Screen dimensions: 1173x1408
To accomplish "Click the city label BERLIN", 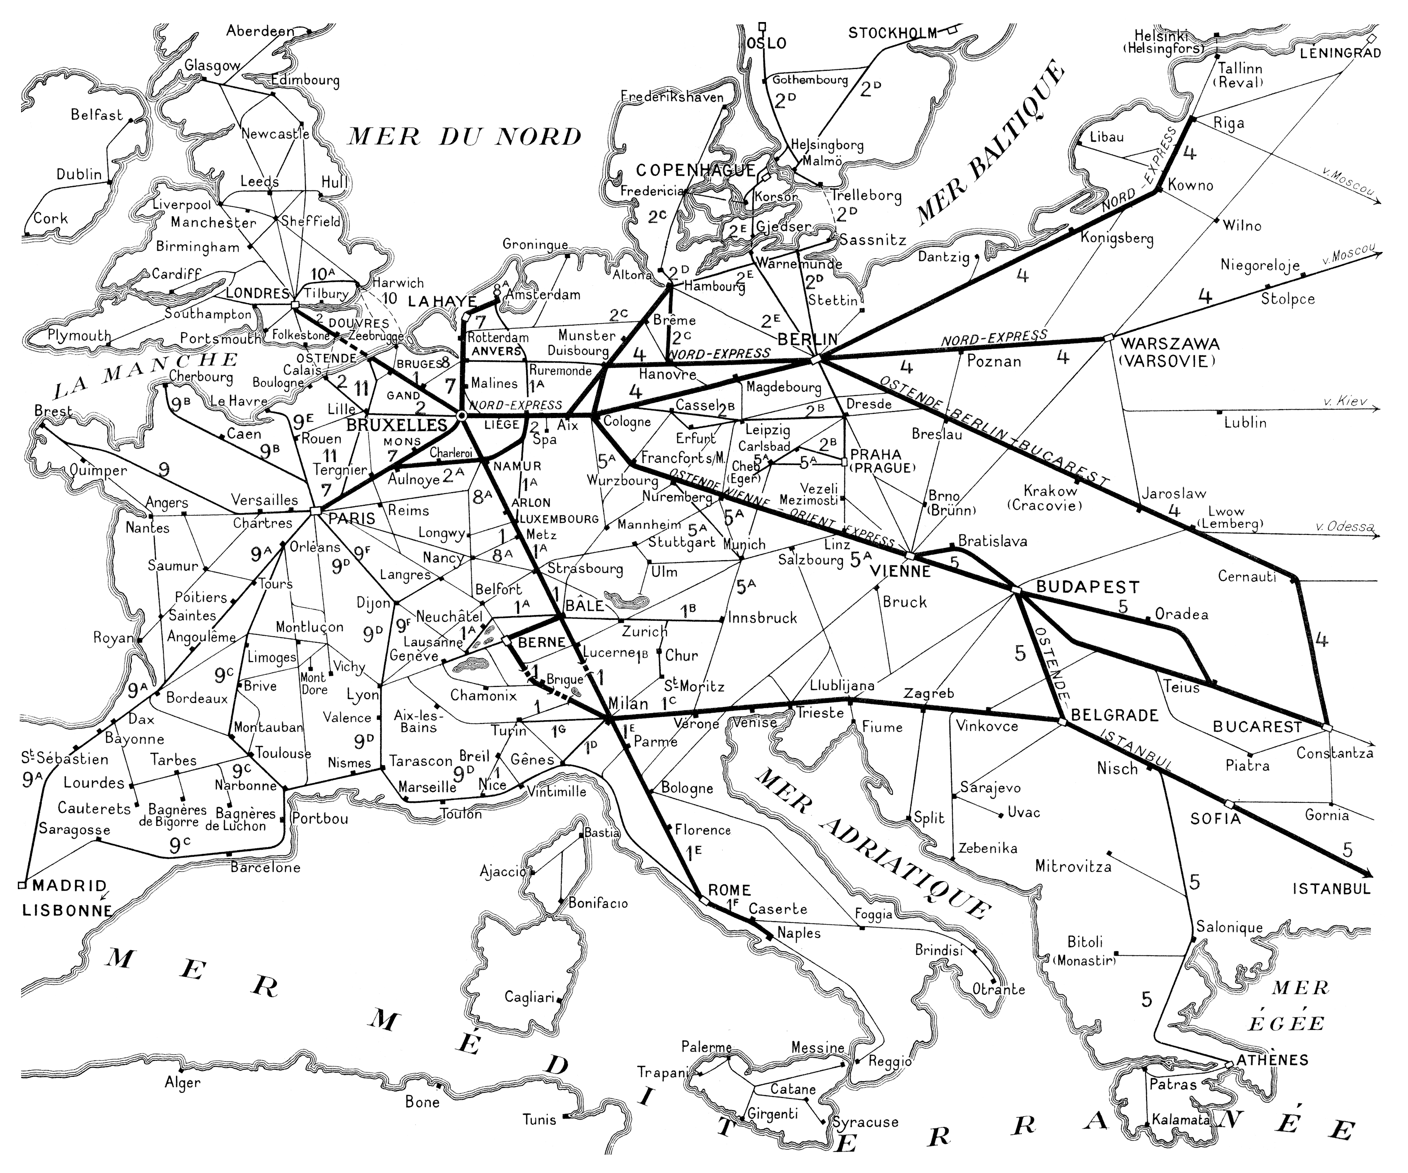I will (807, 339).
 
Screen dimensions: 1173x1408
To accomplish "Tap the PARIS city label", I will (352, 518).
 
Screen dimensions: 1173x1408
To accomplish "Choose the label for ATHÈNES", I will (1272, 1060).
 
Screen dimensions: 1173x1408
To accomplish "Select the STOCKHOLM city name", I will (892, 33).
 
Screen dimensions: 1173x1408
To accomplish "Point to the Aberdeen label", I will (260, 31).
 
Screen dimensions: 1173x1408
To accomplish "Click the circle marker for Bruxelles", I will (461, 416).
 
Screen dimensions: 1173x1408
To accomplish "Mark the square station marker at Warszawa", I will (1108, 338).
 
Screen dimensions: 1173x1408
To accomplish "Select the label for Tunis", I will (539, 1120).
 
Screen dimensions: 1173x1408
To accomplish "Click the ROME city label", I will (729, 890).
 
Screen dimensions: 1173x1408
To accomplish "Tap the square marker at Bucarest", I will (1326, 727).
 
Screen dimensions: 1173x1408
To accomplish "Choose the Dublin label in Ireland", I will (79, 174).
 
